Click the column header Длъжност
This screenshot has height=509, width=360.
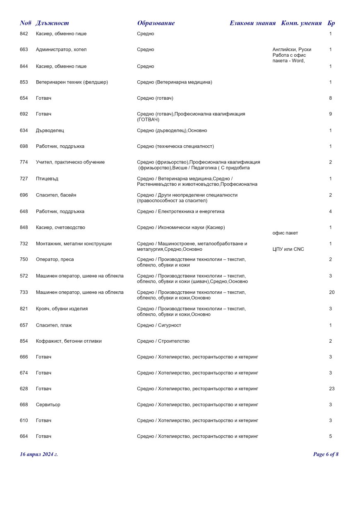click(52, 23)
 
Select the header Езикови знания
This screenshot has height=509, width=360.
click(252, 23)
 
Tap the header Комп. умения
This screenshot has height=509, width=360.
click(301, 23)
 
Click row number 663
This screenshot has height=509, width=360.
click(24, 50)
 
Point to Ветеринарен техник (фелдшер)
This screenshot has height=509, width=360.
click(72, 82)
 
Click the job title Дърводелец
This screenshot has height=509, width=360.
click(50, 131)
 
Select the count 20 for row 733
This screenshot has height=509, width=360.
click(331, 293)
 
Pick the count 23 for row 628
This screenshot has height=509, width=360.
click(331, 389)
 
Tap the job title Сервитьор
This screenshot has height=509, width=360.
click(48, 405)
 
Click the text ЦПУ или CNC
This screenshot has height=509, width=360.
click(288, 249)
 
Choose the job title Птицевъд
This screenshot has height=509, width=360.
click(48, 179)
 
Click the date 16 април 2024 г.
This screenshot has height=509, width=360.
click(39, 454)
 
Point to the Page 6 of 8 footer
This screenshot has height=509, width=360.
click(326, 454)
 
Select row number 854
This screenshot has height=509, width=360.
click(24, 341)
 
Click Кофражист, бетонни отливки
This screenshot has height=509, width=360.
click(69, 341)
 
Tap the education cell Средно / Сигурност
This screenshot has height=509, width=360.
click(159, 325)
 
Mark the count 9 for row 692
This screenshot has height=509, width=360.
click(331, 114)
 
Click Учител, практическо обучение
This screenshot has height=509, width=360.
click(70, 162)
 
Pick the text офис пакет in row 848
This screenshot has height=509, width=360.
click(285, 233)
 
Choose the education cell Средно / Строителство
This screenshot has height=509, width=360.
click(163, 341)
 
